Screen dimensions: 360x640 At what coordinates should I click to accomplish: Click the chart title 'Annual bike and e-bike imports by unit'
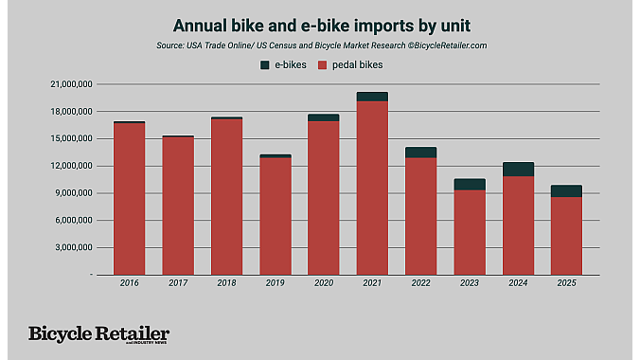pos(319,25)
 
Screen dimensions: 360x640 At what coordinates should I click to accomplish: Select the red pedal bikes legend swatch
pos(323,64)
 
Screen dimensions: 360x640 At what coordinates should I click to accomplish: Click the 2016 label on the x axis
pos(129,282)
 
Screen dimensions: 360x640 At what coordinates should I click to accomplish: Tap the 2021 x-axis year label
pos(372,282)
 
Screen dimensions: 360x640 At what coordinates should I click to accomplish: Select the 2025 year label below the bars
pos(566,282)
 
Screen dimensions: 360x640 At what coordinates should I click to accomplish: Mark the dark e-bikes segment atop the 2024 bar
pos(518,169)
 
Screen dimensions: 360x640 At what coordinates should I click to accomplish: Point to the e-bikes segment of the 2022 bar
pos(420,152)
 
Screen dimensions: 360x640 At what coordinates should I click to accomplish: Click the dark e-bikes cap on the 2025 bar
pos(566,190)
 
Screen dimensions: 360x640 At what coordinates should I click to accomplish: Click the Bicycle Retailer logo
pos(98,334)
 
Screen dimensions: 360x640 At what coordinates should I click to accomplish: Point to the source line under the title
pos(319,45)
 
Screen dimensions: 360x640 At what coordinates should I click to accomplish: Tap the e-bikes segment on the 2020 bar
pos(324,117)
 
